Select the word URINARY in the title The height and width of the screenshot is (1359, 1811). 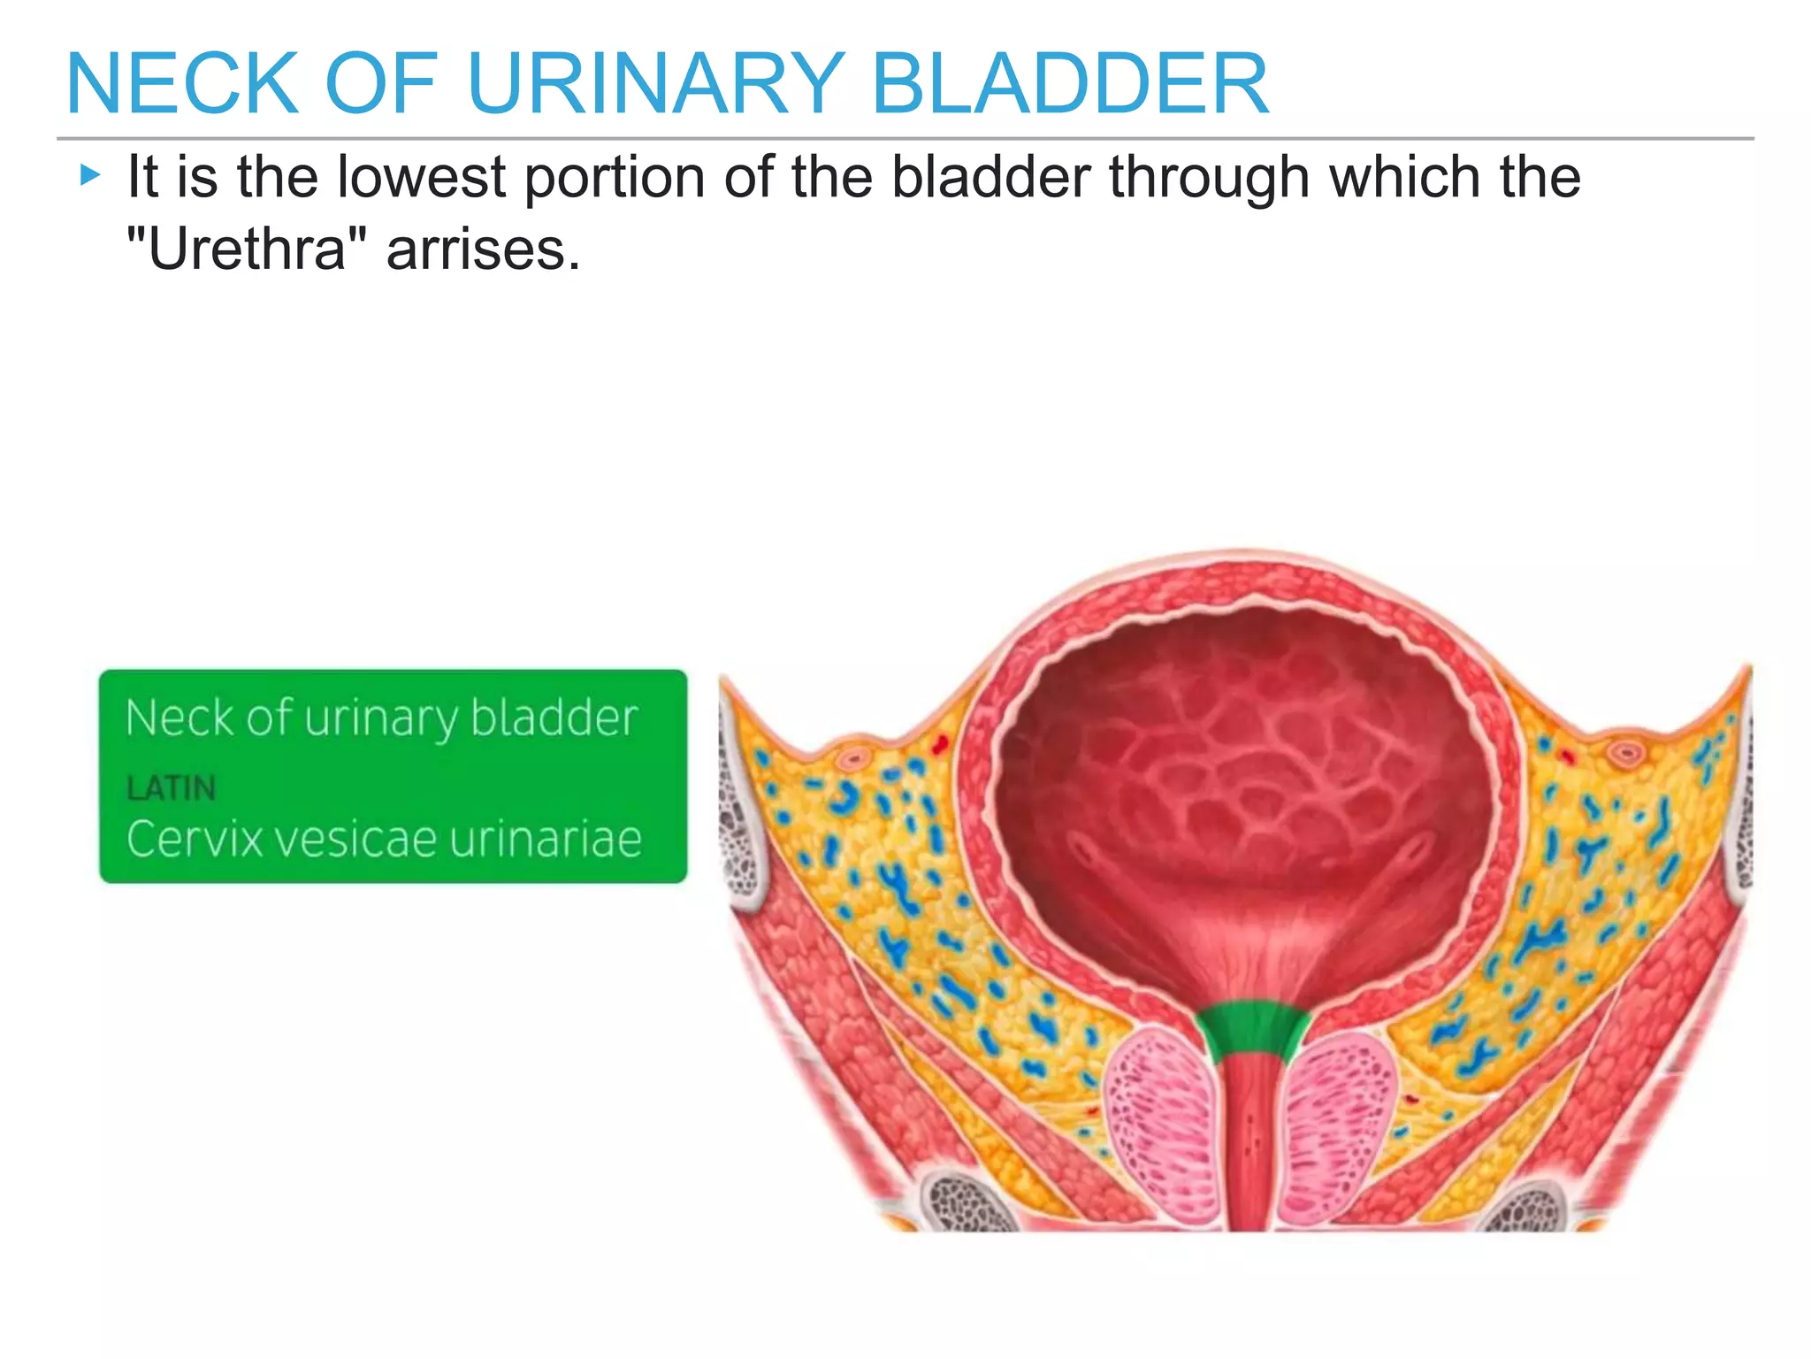click(x=655, y=84)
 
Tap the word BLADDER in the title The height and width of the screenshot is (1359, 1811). click(x=1070, y=84)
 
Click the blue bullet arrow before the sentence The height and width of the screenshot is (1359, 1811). click(x=89, y=175)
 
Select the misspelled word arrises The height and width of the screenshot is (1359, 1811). click(x=484, y=250)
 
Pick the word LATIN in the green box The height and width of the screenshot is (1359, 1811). click(x=172, y=787)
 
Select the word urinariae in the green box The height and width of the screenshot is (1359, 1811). click(x=545, y=839)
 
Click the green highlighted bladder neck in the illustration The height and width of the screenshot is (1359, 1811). click(x=1252, y=1026)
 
